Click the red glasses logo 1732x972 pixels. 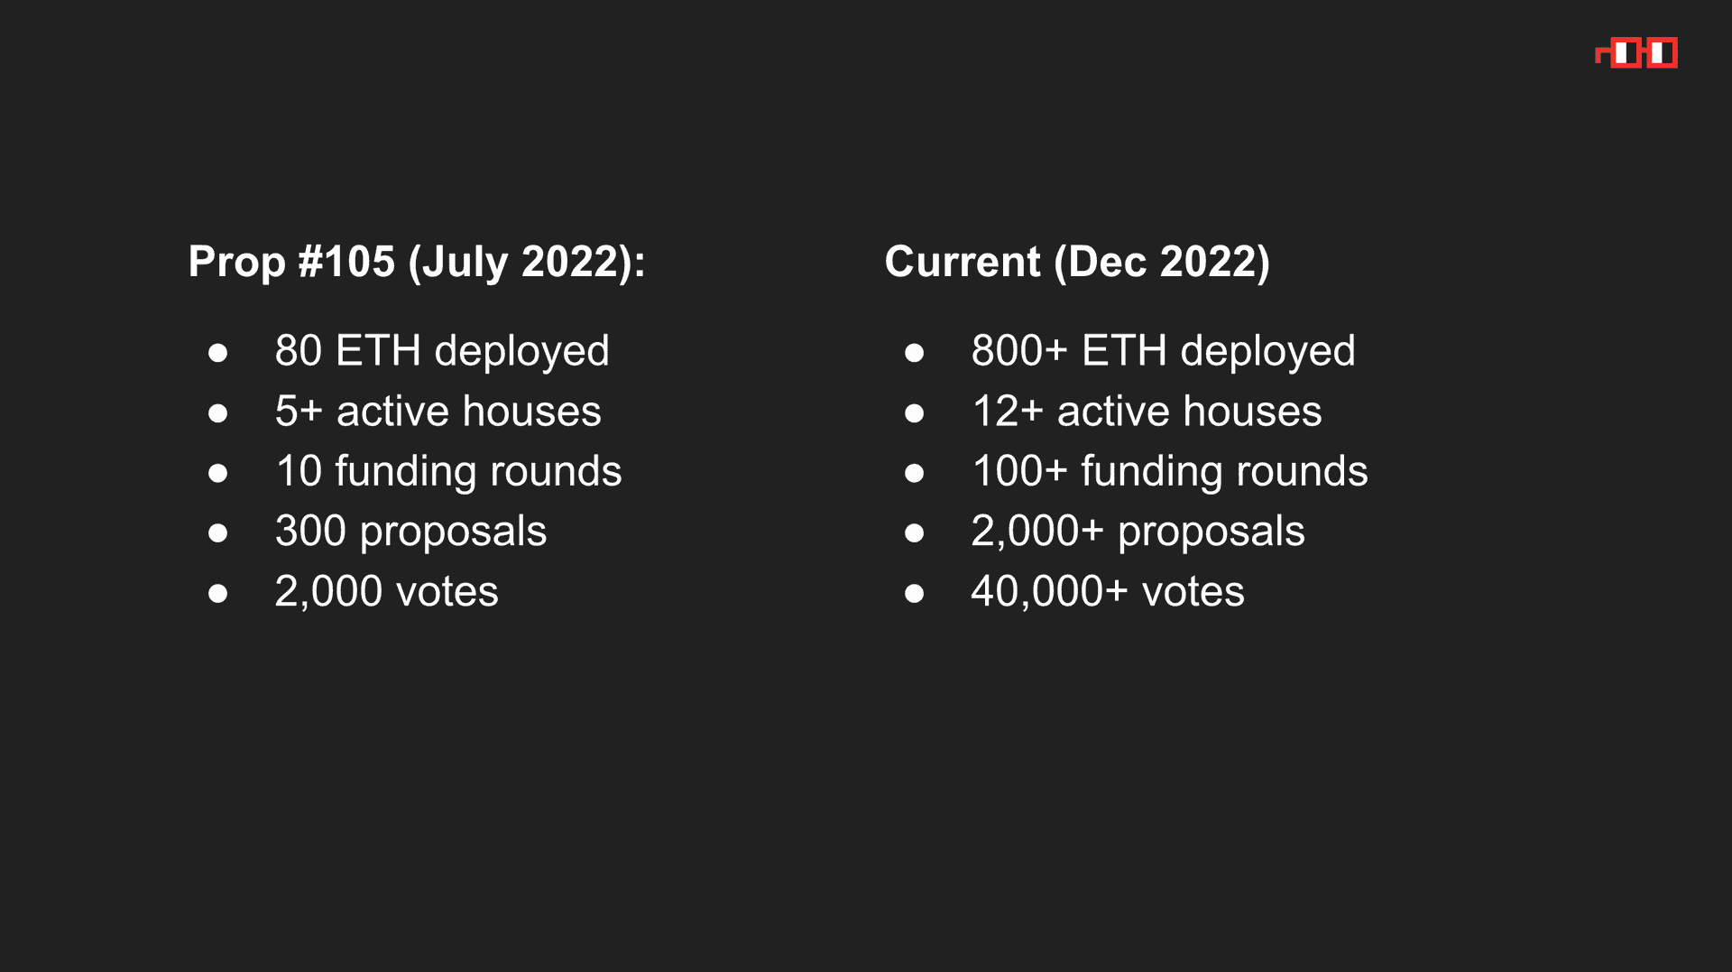[1636, 53]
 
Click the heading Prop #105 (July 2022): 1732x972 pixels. [417, 262]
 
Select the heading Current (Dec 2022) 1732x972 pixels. [1077, 262]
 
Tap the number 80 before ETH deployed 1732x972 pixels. [299, 350]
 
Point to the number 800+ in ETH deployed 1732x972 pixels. [1019, 350]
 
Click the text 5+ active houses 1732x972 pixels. [438, 411]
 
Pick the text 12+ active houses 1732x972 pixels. [1147, 411]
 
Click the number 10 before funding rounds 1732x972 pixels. [299, 471]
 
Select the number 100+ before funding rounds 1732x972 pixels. [1019, 471]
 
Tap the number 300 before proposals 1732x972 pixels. [311, 531]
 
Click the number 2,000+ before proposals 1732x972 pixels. [1037, 532]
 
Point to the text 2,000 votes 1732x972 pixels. [387, 592]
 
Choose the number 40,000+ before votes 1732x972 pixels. [1049, 592]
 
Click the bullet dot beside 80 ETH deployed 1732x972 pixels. [217, 353]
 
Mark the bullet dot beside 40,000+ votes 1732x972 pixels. [914, 594]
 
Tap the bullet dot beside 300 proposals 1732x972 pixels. [217, 533]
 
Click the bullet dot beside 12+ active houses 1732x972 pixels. [914, 413]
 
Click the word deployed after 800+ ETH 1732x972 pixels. [1267, 352]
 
